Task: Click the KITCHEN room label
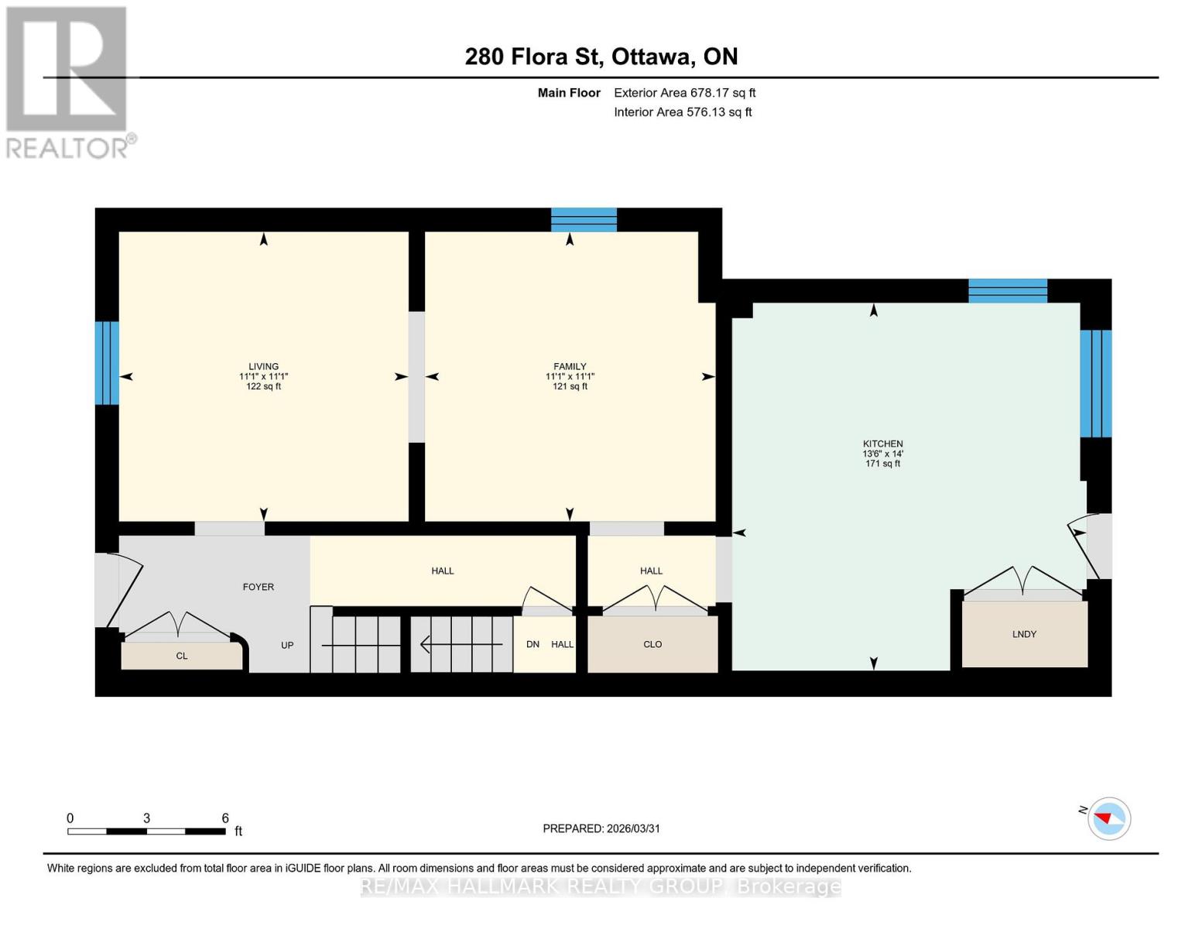pyautogui.click(x=882, y=444)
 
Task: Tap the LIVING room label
pyautogui.click(x=263, y=366)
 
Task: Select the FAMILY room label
pyautogui.click(x=570, y=366)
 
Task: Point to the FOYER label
pyautogui.click(x=258, y=587)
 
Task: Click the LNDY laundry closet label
pyautogui.click(x=1023, y=634)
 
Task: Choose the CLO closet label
pyautogui.click(x=652, y=644)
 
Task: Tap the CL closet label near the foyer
pyautogui.click(x=181, y=656)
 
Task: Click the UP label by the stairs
pyautogui.click(x=287, y=645)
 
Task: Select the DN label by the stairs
pyautogui.click(x=533, y=644)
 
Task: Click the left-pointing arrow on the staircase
pyautogui.click(x=426, y=644)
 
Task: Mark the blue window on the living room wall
pyautogui.click(x=107, y=363)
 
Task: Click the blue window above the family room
pyautogui.click(x=584, y=220)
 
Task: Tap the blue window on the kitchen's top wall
pyautogui.click(x=1007, y=291)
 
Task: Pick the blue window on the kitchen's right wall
pyautogui.click(x=1095, y=383)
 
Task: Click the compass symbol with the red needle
pyautogui.click(x=1108, y=818)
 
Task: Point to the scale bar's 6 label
pyautogui.click(x=225, y=818)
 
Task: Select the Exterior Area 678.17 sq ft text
pyautogui.click(x=684, y=93)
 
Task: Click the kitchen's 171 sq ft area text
pyautogui.click(x=882, y=464)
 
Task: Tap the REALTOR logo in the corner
pyautogui.click(x=68, y=81)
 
